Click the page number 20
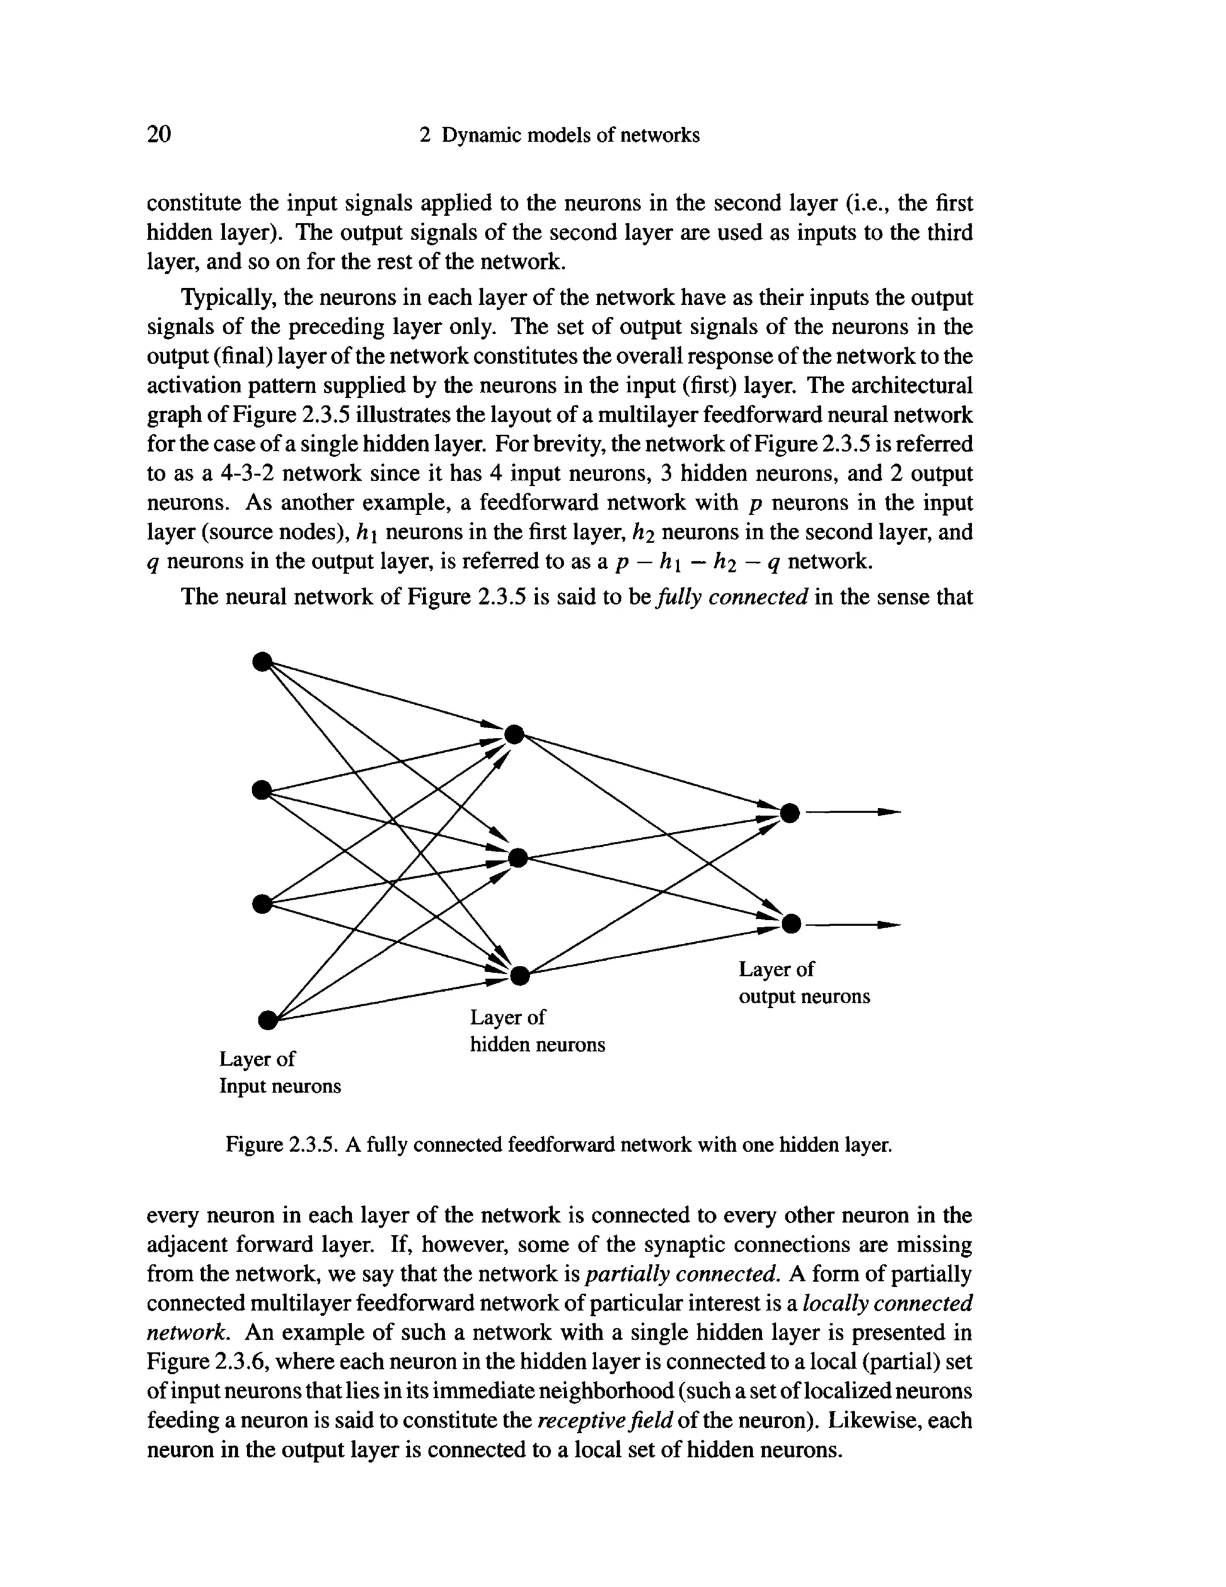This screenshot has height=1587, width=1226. pyautogui.click(x=159, y=134)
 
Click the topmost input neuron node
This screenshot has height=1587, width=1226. pyautogui.click(x=262, y=661)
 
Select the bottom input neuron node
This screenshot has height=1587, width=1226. pyautogui.click(x=268, y=1020)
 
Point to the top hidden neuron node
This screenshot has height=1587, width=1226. pyautogui.click(x=514, y=735)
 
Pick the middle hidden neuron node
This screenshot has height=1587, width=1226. pyautogui.click(x=518, y=858)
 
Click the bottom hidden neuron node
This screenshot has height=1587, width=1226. pyautogui.click(x=520, y=975)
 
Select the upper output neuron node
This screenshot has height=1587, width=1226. pyautogui.click(x=790, y=813)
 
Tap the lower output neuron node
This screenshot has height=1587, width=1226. pyautogui.click(x=791, y=923)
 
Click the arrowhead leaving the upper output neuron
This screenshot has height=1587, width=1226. pyautogui.click(x=889, y=811)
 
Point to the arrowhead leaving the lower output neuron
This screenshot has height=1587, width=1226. pyautogui.click(x=889, y=925)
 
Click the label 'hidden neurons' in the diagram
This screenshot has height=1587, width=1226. pyautogui.click(x=537, y=1044)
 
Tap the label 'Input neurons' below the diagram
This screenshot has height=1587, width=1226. pyautogui.click(x=280, y=1086)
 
